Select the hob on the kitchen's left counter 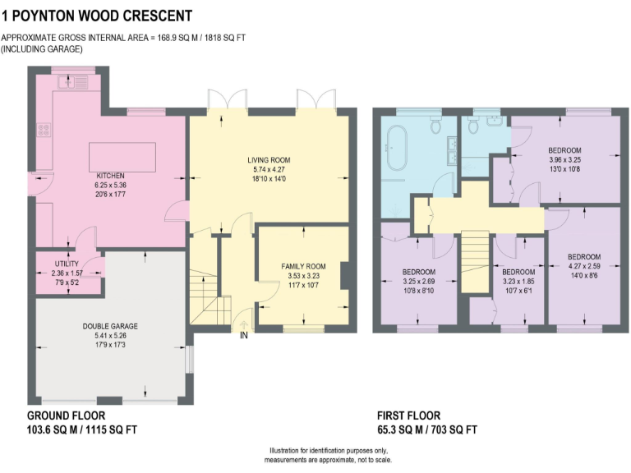click(x=43, y=129)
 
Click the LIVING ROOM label click(x=269, y=159)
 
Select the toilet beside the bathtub click(x=435, y=124)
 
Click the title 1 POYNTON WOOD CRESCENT click(x=97, y=16)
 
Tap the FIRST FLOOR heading click(x=408, y=416)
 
